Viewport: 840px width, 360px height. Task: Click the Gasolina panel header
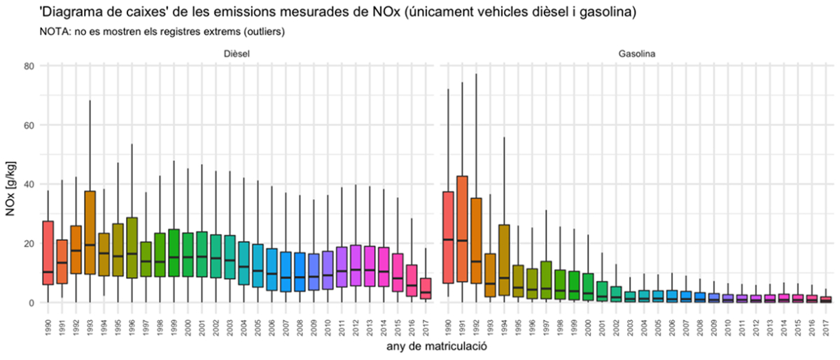pos(636,53)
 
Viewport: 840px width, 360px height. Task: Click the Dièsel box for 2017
pos(425,289)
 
